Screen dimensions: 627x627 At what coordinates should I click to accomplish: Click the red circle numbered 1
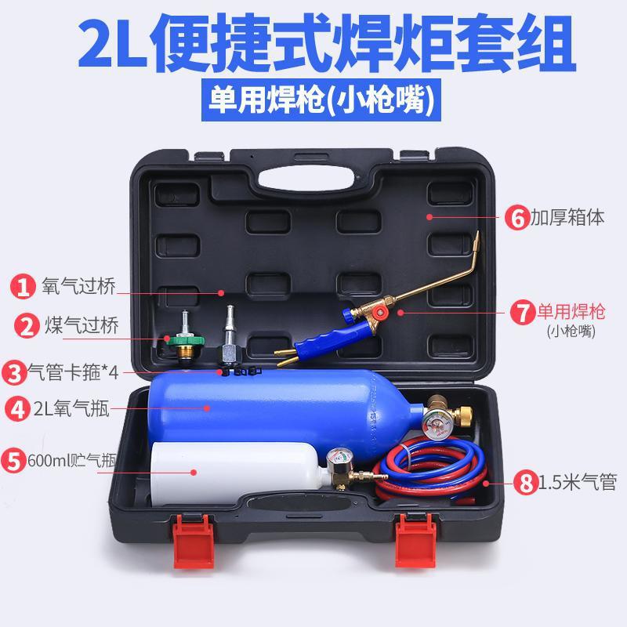point(23,286)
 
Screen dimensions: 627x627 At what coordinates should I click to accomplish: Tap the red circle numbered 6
point(517,218)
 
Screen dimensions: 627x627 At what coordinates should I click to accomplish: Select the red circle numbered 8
point(526,482)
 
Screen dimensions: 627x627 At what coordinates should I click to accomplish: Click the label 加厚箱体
point(567,217)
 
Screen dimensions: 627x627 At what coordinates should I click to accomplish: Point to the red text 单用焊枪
point(571,311)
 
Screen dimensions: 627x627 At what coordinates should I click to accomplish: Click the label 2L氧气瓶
point(71,408)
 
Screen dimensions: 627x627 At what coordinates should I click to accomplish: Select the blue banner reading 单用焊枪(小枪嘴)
point(321,100)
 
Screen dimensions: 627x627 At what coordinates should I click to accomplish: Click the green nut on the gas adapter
point(185,340)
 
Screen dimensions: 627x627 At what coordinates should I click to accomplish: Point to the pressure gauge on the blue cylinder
point(437,426)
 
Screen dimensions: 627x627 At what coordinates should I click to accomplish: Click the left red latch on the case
point(194,541)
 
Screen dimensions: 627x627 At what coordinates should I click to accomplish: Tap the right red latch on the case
point(415,540)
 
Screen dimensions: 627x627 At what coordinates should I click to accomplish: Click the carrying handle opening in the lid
point(306,179)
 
